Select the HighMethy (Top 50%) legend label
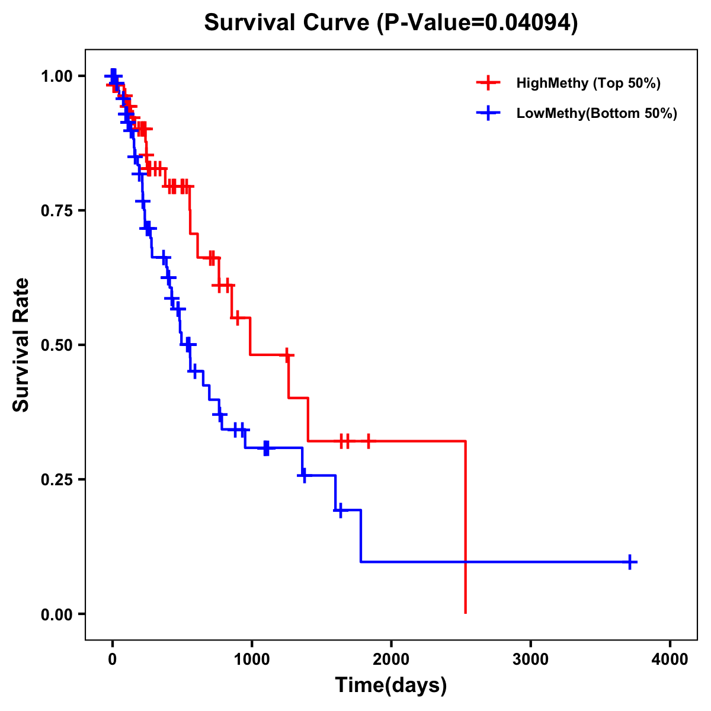(588, 83)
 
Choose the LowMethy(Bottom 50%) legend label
(597, 113)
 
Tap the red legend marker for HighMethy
(488, 83)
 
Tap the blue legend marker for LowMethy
(488, 113)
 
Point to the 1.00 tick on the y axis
(56, 76)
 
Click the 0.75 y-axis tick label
(56, 210)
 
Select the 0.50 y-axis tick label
(56, 345)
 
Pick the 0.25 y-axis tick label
(56, 479)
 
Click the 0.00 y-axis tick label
(56, 614)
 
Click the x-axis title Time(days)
(391, 686)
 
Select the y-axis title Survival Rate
(21, 345)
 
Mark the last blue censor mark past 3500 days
(630, 562)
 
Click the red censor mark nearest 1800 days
(369, 441)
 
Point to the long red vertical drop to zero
(466, 527)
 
